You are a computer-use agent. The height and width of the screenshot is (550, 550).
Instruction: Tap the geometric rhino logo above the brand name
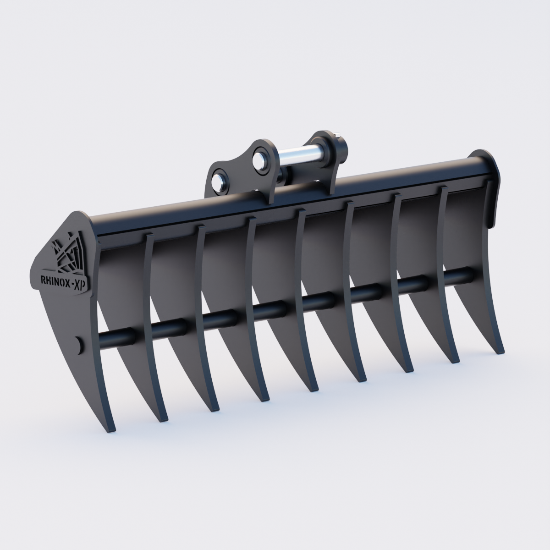(68, 254)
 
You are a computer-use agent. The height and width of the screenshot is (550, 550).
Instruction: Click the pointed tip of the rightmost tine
(501, 351)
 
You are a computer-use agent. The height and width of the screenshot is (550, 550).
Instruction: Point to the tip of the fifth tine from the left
(312, 389)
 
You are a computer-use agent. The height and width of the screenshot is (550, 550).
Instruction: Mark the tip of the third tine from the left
(211, 409)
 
